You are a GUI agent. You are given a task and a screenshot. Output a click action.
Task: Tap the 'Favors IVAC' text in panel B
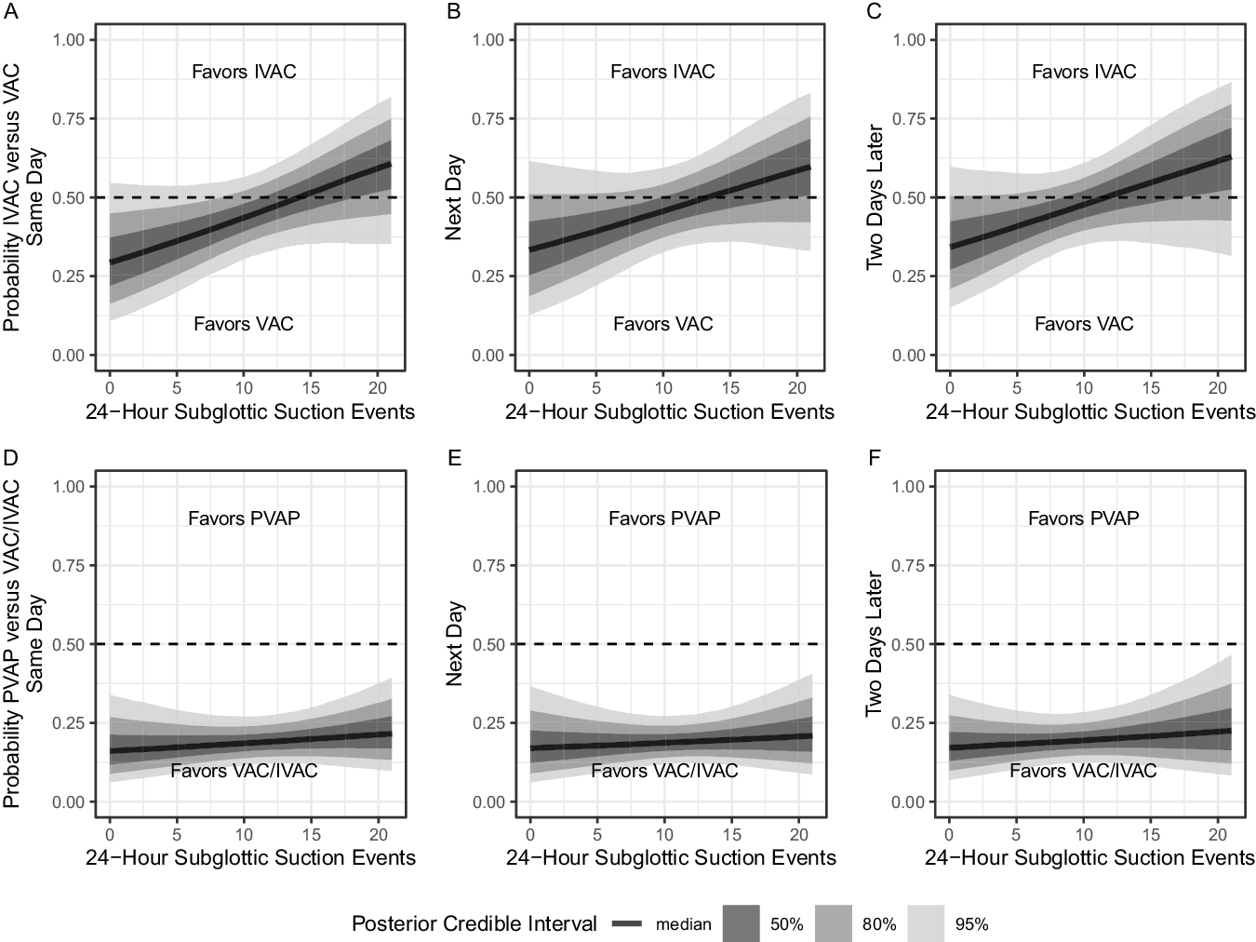point(662,72)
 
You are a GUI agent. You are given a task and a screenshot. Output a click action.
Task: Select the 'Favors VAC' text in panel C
point(1084,324)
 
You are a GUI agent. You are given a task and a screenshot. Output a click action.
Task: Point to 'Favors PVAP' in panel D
point(244,518)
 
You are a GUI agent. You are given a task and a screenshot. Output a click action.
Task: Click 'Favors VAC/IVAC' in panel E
point(664,771)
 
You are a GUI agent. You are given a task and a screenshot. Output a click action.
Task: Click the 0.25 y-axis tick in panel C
point(909,276)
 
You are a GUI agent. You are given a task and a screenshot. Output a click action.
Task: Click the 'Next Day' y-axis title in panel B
point(454,197)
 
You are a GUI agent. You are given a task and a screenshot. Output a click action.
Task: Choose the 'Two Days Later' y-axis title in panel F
point(874,644)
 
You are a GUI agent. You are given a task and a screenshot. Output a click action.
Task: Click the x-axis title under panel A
point(250,411)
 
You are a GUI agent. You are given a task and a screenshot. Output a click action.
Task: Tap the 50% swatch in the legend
point(741,923)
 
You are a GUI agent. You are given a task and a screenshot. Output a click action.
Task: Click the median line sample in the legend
point(629,923)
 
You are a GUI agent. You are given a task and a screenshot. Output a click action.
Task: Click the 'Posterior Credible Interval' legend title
point(474,923)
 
